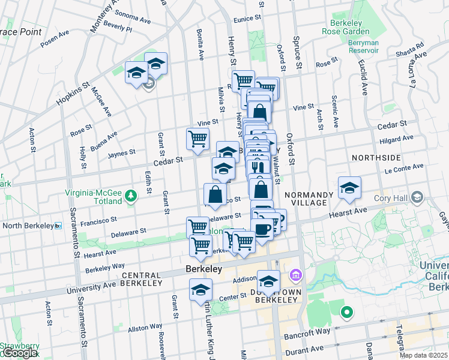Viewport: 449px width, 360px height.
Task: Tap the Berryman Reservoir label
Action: pyautogui.click(x=363, y=46)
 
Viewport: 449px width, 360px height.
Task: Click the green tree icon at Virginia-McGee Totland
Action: pyautogui.click(x=130, y=194)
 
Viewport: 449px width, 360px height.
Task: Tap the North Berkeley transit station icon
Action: pyautogui.click(x=58, y=226)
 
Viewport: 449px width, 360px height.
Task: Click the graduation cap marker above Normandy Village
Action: pyautogui.click(x=349, y=188)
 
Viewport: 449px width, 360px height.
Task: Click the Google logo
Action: pyautogui.click(x=19, y=353)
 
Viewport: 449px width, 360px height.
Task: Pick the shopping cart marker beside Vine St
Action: pyautogui.click(x=197, y=139)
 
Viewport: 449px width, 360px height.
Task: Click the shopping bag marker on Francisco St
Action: pyautogui.click(x=215, y=194)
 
